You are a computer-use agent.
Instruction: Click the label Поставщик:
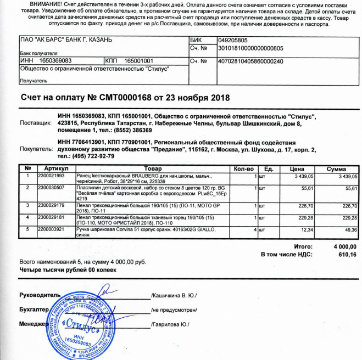(x=36, y=123)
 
